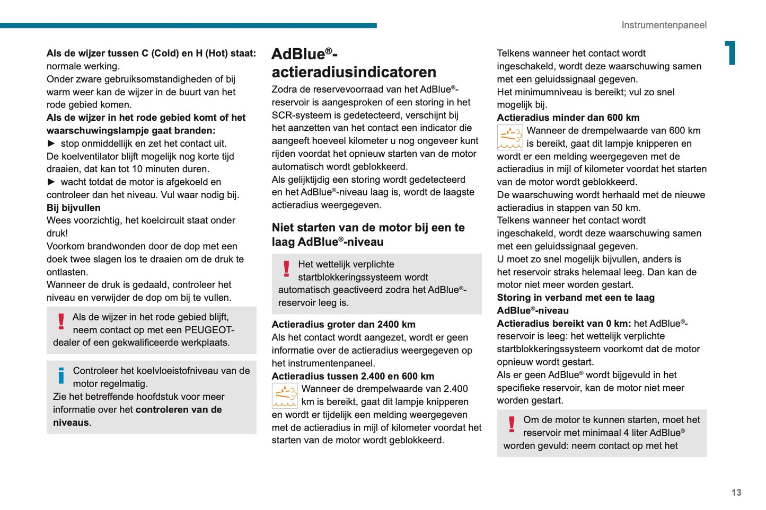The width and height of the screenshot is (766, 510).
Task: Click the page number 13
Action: (736, 493)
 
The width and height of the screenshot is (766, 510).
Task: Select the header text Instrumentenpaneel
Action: (664, 25)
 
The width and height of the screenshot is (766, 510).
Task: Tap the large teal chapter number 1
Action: (731, 53)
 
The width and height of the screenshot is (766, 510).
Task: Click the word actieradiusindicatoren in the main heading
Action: (354, 72)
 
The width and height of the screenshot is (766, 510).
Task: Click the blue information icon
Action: (61, 375)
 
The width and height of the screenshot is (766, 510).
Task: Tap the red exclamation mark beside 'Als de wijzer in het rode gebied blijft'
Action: (61, 321)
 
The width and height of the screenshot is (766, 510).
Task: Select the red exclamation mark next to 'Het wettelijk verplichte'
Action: (287, 269)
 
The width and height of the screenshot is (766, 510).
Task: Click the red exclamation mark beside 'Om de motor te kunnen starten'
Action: (512, 424)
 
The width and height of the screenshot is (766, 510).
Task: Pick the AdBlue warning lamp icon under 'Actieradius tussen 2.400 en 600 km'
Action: (285, 396)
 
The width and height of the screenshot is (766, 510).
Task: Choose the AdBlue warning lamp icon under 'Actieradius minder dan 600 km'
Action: (510, 137)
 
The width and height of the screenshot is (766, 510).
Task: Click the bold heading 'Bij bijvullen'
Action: (73, 208)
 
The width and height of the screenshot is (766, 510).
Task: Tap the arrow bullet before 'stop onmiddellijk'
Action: (51, 143)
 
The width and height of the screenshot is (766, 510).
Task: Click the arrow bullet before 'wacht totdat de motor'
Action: (51, 182)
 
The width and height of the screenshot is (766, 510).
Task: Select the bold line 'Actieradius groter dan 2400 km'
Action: (344, 324)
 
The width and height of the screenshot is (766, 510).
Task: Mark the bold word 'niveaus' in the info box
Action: (71, 423)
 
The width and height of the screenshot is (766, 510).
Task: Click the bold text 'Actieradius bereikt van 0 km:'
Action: (564, 323)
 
